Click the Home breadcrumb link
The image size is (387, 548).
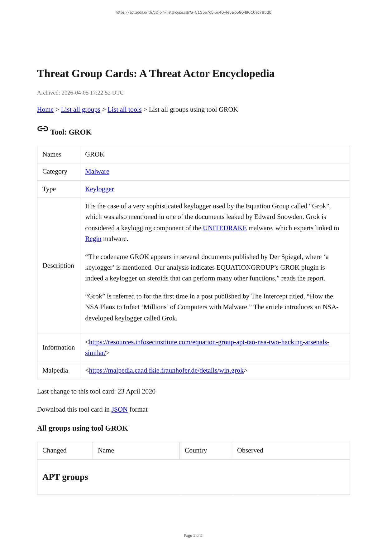pyautogui.click(x=45, y=110)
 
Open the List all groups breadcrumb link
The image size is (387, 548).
pyautogui.click(x=80, y=110)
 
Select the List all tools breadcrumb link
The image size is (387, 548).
pyautogui.click(x=124, y=110)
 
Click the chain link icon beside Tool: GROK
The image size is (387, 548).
pyautogui.click(x=43, y=129)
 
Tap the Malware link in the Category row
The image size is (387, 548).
pyautogui.click(x=97, y=171)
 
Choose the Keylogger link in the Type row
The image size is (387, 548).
pyautogui.click(x=99, y=189)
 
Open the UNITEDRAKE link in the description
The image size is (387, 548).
pyautogui.click(x=225, y=228)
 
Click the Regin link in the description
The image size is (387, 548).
pyautogui.click(x=93, y=239)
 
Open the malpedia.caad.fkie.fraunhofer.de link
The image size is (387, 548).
pyautogui.click(x=166, y=370)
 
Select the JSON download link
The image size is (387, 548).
pyautogui.click(x=119, y=409)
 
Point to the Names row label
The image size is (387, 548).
pyautogui.click(x=52, y=154)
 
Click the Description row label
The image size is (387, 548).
pyautogui.click(x=58, y=266)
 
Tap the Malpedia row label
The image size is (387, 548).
pyautogui.click(x=55, y=370)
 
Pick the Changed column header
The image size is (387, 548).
pyautogui.click(x=55, y=450)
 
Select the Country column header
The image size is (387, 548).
pyautogui.click(x=196, y=450)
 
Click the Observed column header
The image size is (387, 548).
pyautogui.click(x=250, y=450)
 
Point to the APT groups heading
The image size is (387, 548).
pyautogui.click(x=65, y=477)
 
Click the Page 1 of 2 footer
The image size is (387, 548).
pyautogui.click(x=193, y=536)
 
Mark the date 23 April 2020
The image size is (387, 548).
pyautogui.click(x=136, y=391)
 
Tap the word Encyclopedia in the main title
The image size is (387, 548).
pyautogui.click(x=243, y=74)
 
